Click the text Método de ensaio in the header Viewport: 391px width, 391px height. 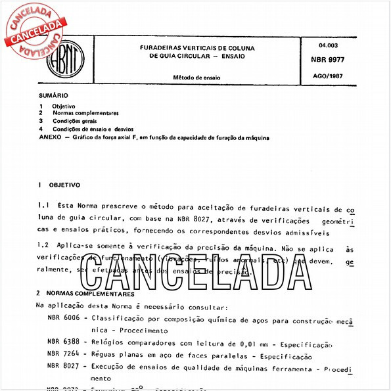point(196,78)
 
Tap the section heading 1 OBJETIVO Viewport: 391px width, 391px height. point(59,186)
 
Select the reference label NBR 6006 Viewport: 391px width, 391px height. point(64,317)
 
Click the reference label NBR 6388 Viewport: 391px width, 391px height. point(64,343)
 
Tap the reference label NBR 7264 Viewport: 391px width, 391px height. point(64,356)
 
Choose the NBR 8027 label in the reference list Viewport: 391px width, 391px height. point(64,368)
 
